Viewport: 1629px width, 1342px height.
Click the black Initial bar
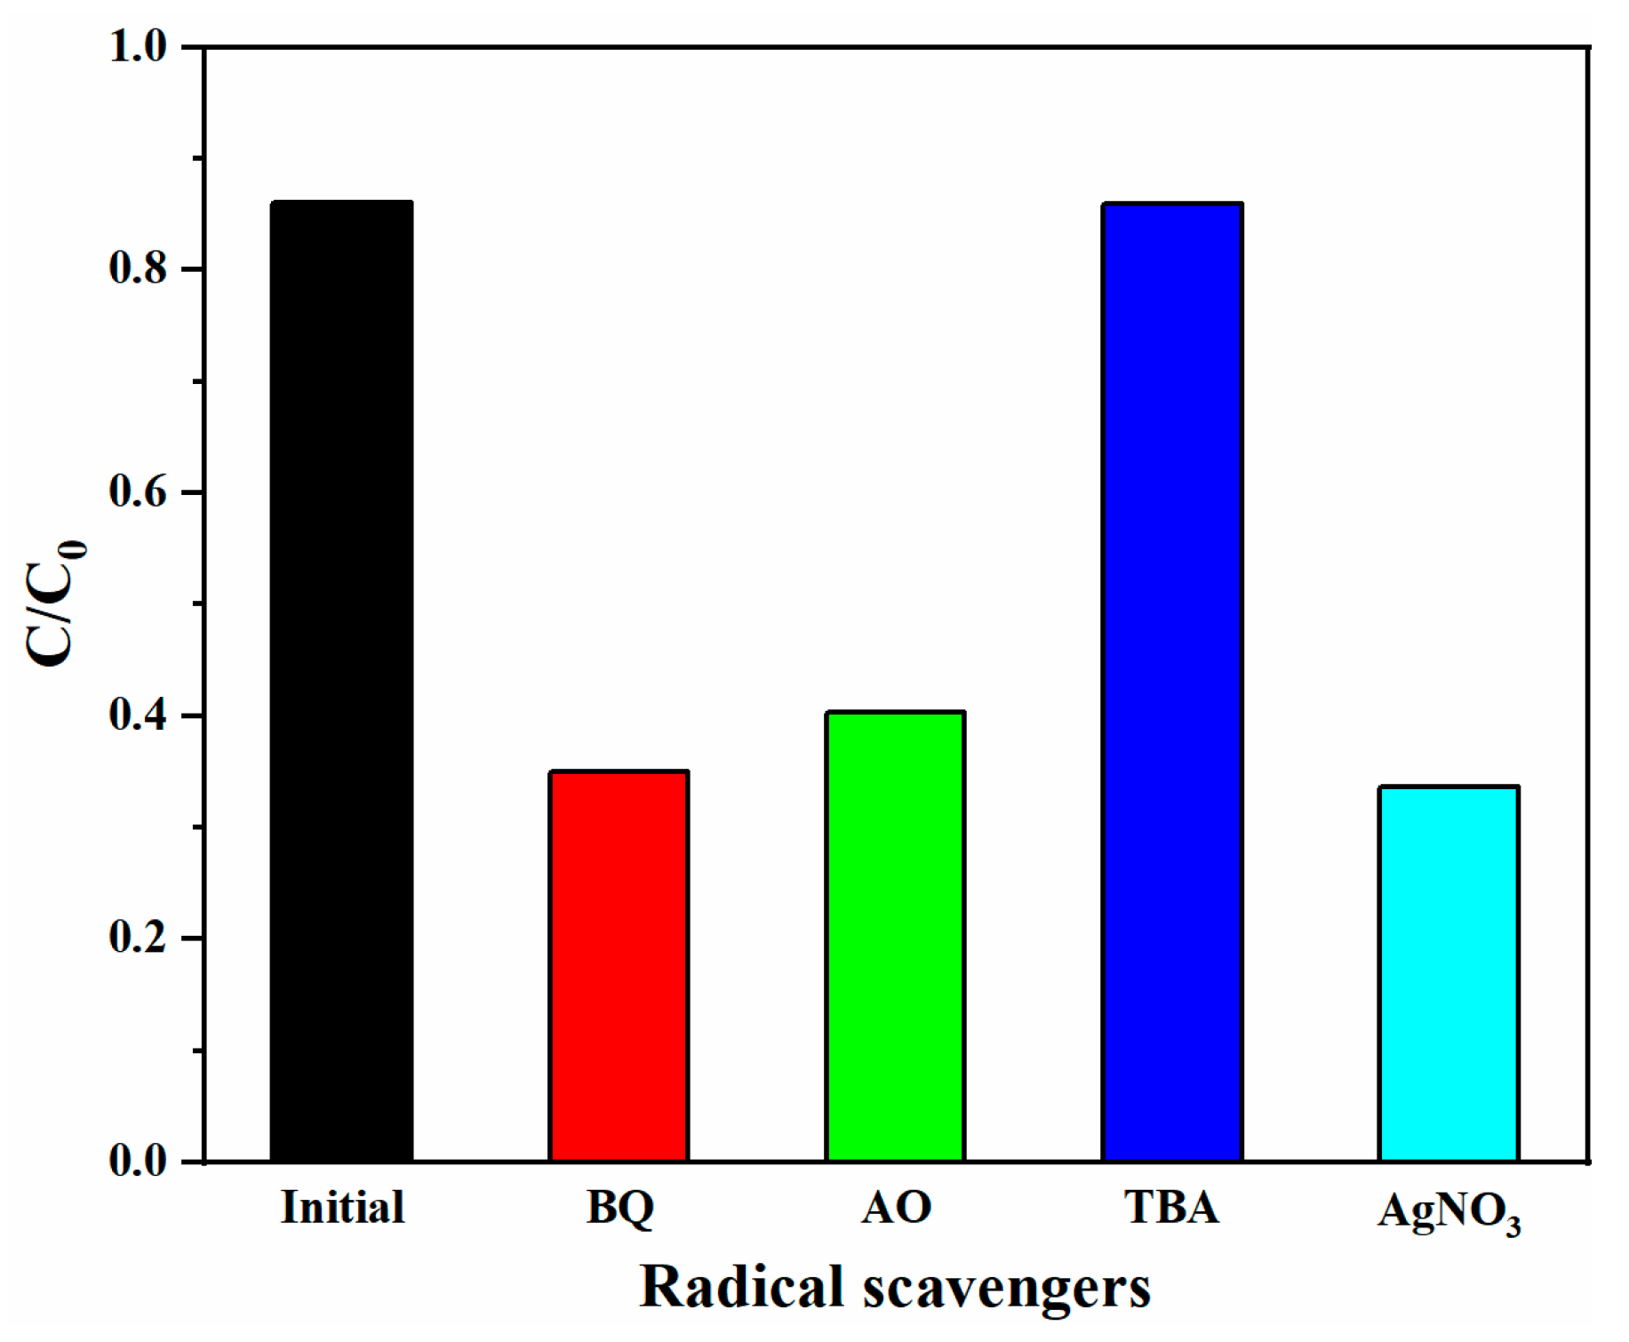[342, 681]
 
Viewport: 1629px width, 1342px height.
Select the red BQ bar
[619, 966]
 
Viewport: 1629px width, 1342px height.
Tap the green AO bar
[896, 936]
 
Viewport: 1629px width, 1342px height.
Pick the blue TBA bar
[1172, 682]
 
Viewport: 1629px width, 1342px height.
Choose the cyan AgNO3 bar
[1449, 974]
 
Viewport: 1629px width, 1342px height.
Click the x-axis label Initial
[342, 1208]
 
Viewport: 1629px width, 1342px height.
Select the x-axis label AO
[896, 1208]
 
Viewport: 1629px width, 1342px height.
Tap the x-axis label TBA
[1172, 1208]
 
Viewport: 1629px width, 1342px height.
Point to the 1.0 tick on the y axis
[139, 46]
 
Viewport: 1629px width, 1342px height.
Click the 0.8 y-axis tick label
[139, 268]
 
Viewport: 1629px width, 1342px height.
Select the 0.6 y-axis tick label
[139, 492]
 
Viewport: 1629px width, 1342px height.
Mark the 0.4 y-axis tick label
[139, 715]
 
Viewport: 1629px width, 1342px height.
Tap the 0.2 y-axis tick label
[139, 939]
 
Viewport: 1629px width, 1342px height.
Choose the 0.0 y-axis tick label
[139, 1161]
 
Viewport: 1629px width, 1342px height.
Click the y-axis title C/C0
[55, 604]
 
